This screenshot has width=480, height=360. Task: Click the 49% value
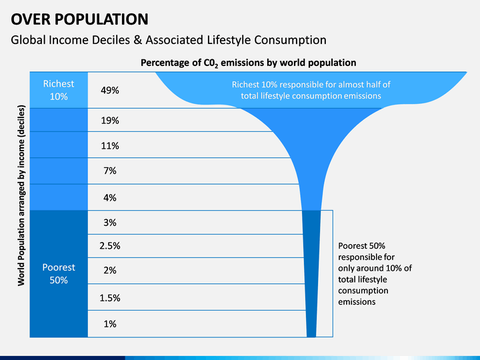tap(110, 90)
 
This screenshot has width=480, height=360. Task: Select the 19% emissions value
tap(110, 120)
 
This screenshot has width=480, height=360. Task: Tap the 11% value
tap(110, 146)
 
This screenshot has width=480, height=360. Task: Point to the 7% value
tap(110, 171)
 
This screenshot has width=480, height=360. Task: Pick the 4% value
tap(110, 198)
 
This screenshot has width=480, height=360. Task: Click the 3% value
tap(110, 223)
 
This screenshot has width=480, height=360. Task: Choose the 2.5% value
tap(110, 246)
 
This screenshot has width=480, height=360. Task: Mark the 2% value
tap(110, 270)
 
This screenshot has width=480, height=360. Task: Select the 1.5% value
tap(110, 298)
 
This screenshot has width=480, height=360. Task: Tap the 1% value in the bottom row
tap(110, 324)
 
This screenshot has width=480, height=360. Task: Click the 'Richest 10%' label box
tap(59, 90)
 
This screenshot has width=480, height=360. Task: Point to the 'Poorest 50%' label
tap(59, 274)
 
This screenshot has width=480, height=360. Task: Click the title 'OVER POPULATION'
tap(79, 19)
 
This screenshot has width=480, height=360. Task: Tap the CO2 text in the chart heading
tap(211, 63)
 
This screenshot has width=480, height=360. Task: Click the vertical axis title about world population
tap(21, 195)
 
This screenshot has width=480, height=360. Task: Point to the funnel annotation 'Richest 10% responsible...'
tap(311, 90)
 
